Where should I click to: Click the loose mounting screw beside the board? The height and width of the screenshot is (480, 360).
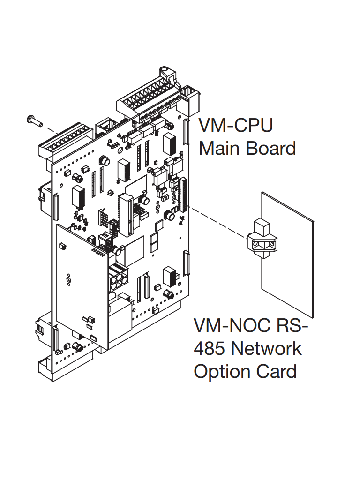point(33,120)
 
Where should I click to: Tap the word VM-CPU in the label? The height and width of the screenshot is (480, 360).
point(236,126)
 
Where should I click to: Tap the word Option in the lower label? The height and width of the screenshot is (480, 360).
point(218,372)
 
